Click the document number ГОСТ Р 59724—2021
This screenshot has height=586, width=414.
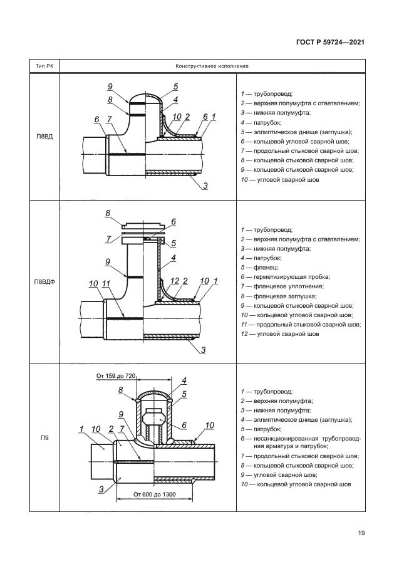[330, 42]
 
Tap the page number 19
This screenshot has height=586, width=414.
[361, 533]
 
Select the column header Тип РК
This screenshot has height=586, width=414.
[44, 66]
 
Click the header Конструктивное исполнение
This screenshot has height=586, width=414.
[212, 66]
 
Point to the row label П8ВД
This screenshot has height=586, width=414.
[44, 137]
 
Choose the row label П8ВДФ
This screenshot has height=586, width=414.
[44, 282]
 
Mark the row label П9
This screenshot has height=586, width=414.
[44, 437]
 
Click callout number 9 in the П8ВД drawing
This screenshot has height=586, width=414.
[110, 86]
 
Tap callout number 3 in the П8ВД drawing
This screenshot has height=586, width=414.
[205, 186]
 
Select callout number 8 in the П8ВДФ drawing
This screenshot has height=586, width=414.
[108, 213]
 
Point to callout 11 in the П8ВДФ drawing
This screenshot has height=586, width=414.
[106, 284]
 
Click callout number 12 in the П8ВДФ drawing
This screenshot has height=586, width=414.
[175, 281]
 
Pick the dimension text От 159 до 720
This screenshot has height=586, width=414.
[116, 375]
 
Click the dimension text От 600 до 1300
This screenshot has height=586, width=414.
[155, 494]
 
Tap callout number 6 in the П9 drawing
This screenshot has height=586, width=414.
[184, 426]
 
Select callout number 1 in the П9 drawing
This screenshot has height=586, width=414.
[81, 429]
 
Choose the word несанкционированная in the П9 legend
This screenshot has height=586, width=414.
[286, 439]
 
